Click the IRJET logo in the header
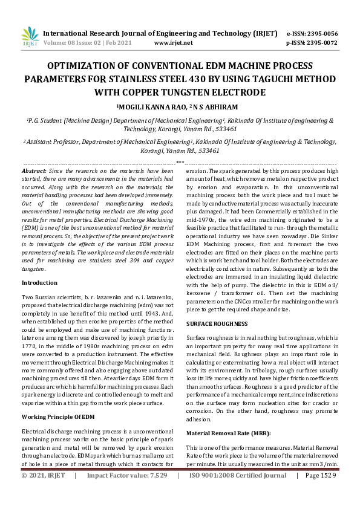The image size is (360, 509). tap(30, 37)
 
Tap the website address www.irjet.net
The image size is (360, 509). tap(174, 43)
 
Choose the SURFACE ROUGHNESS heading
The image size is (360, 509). tap(216, 325)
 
